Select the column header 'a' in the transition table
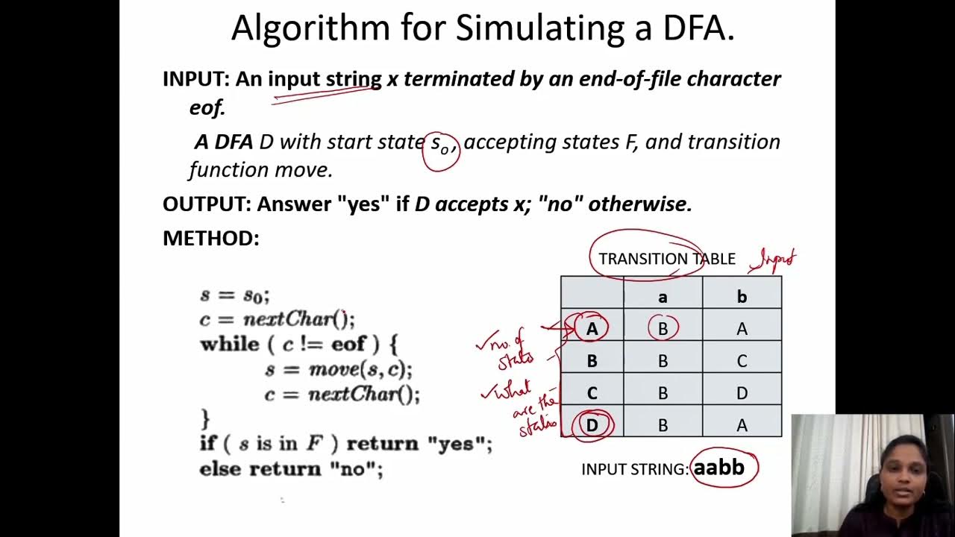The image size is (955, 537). (663, 297)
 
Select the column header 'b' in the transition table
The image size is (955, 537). (742, 297)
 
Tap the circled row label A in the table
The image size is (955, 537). (592, 329)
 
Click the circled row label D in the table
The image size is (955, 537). (592, 425)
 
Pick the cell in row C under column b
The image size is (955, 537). (742, 393)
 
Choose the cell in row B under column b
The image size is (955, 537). (742, 361)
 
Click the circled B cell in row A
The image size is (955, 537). (663, 329)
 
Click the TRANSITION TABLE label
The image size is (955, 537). (666, 259)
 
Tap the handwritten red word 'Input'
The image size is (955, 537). (776, 260)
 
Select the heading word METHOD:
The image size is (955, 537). (211, 239)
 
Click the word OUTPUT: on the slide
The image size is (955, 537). (206, 204)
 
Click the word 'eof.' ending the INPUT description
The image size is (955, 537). (207, 107)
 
